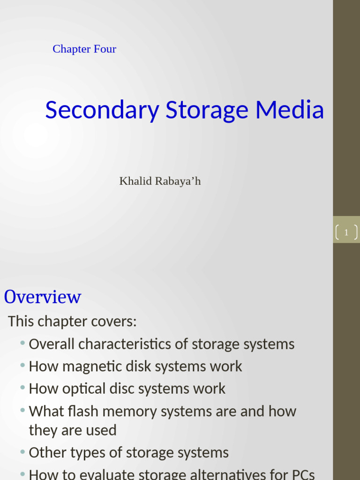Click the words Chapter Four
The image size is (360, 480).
point(84,49)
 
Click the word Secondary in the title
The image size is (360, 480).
point(102,110)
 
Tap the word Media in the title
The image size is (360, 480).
point(290,110)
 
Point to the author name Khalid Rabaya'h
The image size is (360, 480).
point(160,181)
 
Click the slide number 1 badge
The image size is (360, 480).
point(346,232)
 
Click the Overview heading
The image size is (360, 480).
point(43,297)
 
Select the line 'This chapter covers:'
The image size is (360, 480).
point(72,322)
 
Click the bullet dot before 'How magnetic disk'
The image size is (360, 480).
point(22,365)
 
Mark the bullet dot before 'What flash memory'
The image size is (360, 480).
point(22,410)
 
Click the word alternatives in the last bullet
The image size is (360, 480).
point(222,474)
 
